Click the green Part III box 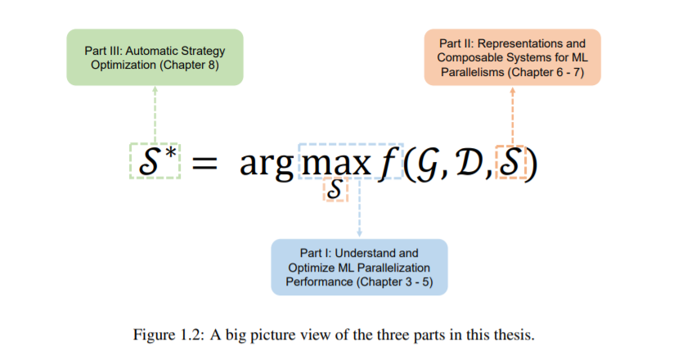point(155,57)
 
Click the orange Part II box point(512,57)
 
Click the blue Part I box point(359,267)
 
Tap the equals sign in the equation point(204,164)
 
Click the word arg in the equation point(265,164)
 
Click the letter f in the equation point(385,162)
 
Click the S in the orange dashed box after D point(511,162)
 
